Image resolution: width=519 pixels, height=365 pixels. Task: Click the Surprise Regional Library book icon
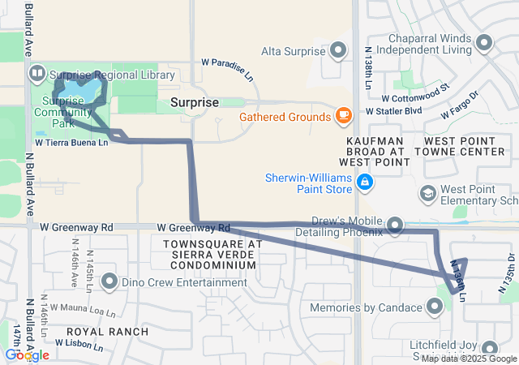(x=36, y=75)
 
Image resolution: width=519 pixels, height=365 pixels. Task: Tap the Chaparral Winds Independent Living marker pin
(x=485, y=42)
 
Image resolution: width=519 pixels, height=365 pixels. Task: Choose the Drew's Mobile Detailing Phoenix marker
(x=396, y=224)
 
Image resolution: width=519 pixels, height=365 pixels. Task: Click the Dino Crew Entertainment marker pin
(x=110, y=283)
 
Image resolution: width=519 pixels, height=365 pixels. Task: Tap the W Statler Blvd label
(x=394, y=109)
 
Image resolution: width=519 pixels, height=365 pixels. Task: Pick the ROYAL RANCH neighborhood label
(x=107, y=332)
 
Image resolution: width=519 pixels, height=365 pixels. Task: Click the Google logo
(x=28, y=355)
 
